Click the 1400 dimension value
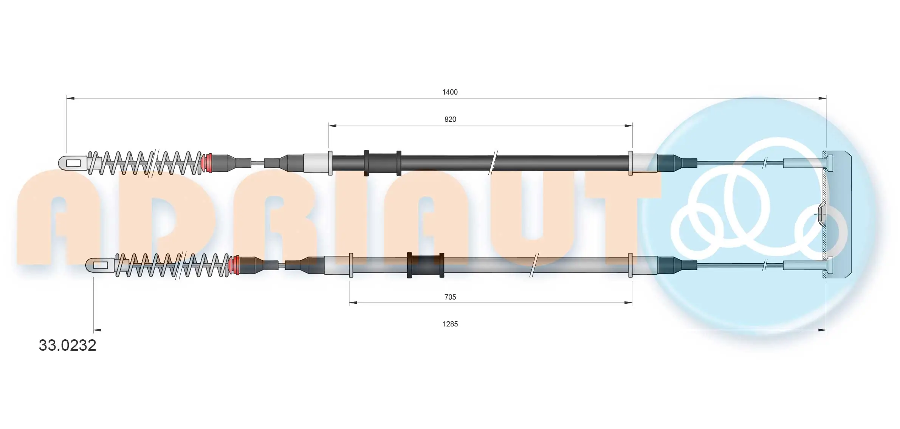point(450,92)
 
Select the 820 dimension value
point(450,119)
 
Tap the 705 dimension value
point(450,297)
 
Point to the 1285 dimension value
point(450,324)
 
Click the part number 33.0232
point(68,345)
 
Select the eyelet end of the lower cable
point(100,265)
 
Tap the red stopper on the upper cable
point(207,163)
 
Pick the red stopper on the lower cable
point(235,265)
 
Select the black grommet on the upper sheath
point(382,163)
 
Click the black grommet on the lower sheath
point(425,265)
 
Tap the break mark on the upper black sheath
point(493,163)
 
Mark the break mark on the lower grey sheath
point(534,265)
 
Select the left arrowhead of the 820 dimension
point(332,126)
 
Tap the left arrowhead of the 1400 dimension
point(70,98)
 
